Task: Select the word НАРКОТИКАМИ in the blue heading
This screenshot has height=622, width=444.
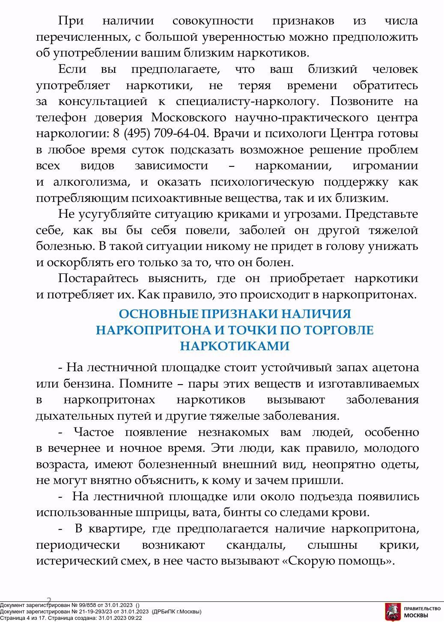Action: click(235, 346)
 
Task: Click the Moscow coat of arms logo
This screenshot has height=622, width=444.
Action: click(392, 611)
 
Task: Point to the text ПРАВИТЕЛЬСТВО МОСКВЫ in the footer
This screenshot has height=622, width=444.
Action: click(422, 612)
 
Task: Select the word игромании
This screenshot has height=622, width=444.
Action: click(385, 166)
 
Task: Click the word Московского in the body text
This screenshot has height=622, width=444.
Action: click(188, 117)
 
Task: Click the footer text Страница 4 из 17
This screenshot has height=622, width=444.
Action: click(23, 618)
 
